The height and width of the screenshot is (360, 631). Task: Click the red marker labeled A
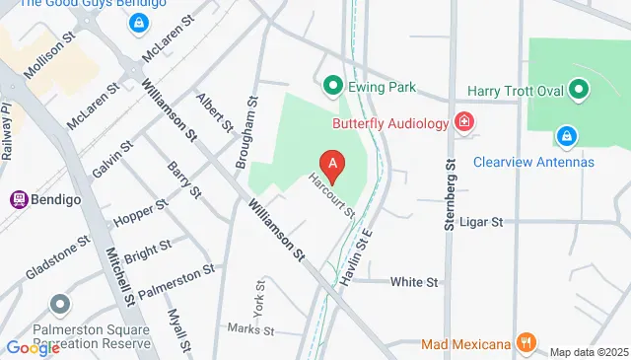pyautogui.click(x=334, y=166)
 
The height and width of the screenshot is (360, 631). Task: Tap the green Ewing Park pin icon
pyautogui.click(x=333, y=86)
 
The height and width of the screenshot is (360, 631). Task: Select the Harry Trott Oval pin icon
pyautogui.click(x=579, y=92)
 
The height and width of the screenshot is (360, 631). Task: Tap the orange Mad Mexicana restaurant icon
pyautogui.click(x=526, y=343)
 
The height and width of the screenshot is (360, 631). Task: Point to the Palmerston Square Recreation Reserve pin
pyautogui.click(x=61, y=305)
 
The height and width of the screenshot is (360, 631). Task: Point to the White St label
pyautogui.click(x=413, y=282)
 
